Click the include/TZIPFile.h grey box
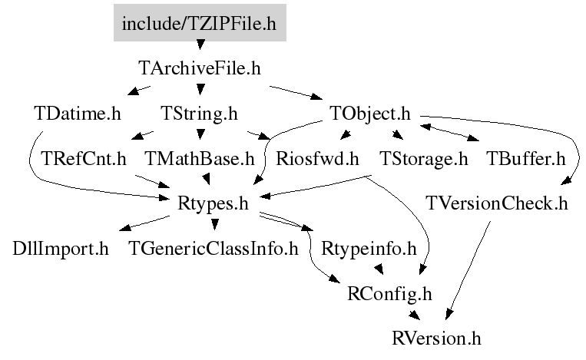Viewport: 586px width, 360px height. click(200, 23)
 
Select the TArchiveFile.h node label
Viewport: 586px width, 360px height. click(200, 68)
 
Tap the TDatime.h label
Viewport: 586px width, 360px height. click(78, 114)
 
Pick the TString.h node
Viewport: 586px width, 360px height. click(199, 114)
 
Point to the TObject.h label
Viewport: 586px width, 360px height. click(370, 114)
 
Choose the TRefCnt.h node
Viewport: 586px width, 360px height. click(84, 159)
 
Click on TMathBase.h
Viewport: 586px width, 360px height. click(200, 159)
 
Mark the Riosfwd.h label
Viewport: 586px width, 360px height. click(317, 159)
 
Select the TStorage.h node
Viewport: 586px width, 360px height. click(424, 159)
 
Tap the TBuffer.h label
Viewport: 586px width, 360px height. click(526, 159)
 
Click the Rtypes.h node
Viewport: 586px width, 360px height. click(213, 204)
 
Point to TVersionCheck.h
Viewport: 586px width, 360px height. click(497, 204)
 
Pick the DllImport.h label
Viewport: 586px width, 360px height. click(61, 249)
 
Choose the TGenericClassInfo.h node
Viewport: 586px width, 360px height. click(214, 249)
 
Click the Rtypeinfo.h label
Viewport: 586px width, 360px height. click(369, 249)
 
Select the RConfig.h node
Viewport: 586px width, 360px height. click(389, 294)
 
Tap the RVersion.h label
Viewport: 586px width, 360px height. click(436, 339)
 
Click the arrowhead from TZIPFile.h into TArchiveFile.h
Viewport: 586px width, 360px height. click(200, 45)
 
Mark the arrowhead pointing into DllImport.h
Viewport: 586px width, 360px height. click(125, 226)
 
